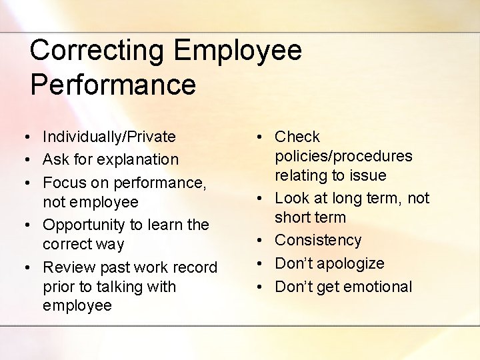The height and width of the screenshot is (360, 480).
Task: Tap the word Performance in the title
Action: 113,85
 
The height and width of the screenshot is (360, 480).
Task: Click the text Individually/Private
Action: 109,137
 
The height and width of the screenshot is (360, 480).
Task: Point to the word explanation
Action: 138,160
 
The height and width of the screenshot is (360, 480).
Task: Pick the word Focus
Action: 63,183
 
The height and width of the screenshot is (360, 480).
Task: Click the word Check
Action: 297,137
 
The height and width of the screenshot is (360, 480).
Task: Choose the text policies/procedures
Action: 343,157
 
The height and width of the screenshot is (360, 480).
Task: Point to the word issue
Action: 369,175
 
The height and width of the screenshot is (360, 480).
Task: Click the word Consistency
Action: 318,240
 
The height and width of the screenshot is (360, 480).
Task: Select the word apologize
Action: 353,263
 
